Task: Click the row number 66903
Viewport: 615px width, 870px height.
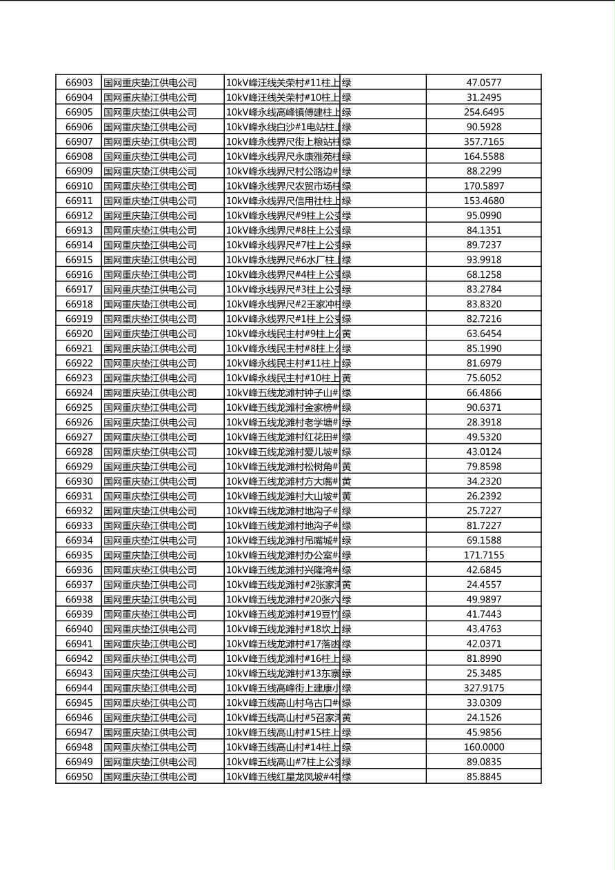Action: [x=79, y=83]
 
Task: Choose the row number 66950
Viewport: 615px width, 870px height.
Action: [x=79, y=777]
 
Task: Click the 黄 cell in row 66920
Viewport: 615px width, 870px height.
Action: [x=347, y=334]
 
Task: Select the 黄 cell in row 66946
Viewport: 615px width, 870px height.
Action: [x=347, y=718]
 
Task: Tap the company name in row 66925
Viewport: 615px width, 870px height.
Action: [x=150, y=408]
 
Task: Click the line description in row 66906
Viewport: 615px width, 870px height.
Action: [x=282, y=128]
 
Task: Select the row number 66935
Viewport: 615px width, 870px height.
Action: [x=79, y=556]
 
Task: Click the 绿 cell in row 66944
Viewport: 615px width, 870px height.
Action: [x=347, y=689]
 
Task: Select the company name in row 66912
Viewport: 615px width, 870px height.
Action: [x=150, y=216]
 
